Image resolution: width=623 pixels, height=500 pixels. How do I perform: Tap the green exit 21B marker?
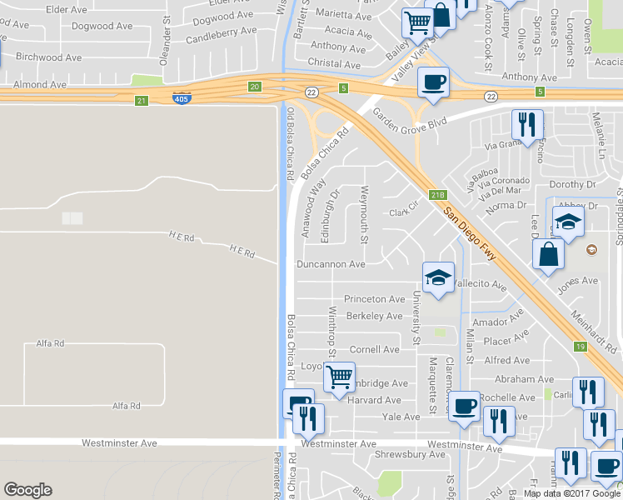point(438,195)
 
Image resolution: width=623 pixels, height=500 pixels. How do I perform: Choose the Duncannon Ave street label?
point(331,264)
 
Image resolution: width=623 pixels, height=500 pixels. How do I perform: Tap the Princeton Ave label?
point(375,299)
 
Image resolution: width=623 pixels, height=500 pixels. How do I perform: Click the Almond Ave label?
point(33,85)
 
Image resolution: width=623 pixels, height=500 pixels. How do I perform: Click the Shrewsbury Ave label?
point(411,454)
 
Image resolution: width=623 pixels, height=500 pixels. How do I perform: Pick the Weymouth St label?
point(364,216)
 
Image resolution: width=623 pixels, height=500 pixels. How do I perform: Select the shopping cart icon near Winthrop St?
point(339,377)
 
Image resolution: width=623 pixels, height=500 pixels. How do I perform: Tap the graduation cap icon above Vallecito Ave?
point(438,277)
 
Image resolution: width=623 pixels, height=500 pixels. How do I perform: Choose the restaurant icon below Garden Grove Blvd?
point(526,124)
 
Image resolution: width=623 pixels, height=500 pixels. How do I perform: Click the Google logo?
point(27,490)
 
